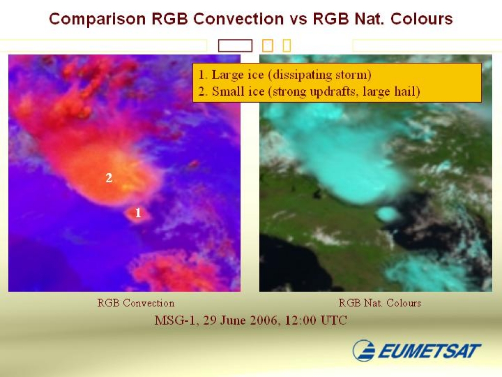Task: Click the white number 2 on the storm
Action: pos(109,178)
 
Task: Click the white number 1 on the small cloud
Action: pos(138,213)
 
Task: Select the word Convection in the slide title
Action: pos(238,19)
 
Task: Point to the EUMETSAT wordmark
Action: pos(429,350)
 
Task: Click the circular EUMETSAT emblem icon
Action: pos(364,350)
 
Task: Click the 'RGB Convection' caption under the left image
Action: pos(136,303)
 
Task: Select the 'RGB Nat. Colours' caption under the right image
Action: pos(380,303)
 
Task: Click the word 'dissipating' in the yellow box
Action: pos(302,75)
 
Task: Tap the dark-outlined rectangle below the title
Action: pos(235,46)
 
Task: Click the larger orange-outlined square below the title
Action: pos(268,46)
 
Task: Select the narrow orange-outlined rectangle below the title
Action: pos(287,46)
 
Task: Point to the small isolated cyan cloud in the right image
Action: pos(387,214)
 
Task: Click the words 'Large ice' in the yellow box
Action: pos(238,75)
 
